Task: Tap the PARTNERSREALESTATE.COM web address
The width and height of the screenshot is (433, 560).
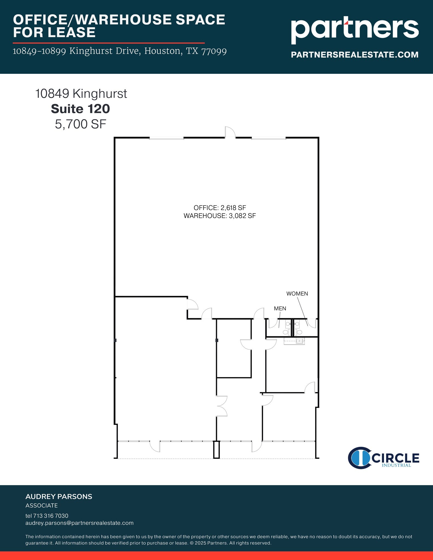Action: tap(354, 55)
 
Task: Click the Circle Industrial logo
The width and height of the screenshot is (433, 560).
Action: tap(383, 458)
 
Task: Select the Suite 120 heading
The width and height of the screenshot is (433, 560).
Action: tap(80, 109)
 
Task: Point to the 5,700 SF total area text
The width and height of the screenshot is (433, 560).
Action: tap(80, 124)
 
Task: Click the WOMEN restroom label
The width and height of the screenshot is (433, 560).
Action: tap(297, 294)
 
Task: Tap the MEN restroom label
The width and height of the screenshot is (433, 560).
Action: tap(280, 308)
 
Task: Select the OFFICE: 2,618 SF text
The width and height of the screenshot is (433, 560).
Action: tap(220, 208)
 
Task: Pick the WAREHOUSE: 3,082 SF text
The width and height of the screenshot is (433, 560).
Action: tap(220, 216)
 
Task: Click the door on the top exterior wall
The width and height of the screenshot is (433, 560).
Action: tap(230, 132)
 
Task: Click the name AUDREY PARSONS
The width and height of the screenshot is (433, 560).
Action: tap(59, 497)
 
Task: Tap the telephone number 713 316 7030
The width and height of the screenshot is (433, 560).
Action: tap(51, 516)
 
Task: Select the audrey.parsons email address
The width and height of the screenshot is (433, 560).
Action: tap(80, 523)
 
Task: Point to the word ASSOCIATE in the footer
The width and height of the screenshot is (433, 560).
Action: tap(42, 506)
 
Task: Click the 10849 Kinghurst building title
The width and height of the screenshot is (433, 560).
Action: tap(81, 94)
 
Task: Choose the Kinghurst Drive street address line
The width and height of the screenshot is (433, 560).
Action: tap(120, 51)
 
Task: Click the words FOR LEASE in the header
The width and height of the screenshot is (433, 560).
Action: tap(54, 32)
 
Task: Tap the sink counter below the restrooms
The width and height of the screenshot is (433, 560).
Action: tap(294, 341)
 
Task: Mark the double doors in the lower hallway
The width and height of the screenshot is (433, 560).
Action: tap(222, 406)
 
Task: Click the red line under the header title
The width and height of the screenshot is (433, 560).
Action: tap(109, 43)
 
